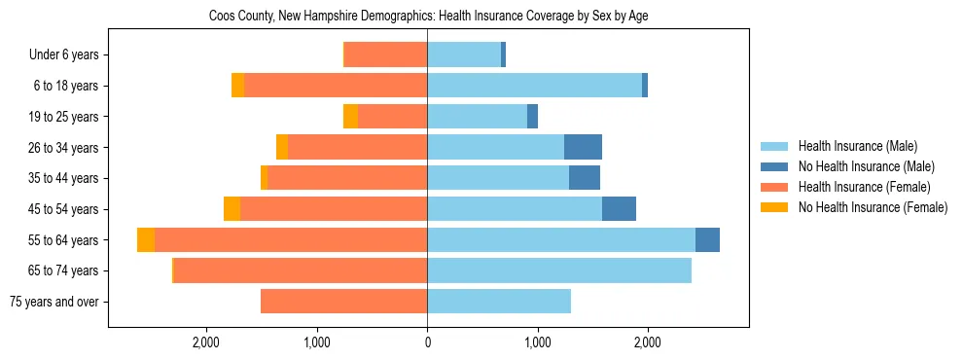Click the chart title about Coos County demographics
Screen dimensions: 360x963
(x=428, y=16)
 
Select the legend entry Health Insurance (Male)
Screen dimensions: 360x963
(x=857, y=146)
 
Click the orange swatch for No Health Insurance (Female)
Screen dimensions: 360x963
(x=774, y=207)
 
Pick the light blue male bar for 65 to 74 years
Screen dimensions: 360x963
(x=558, y=270)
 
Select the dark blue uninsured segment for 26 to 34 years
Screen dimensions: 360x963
(x=583, y=147)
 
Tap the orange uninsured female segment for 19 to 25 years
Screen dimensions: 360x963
(x=350, y=117)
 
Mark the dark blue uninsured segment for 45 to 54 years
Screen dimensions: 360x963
(x=619, y=209)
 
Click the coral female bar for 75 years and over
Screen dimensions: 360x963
(x=343, y=302)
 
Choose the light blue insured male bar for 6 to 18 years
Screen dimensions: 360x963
(x=534, y=86)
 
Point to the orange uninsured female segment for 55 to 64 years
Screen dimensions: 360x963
(x=146, y=240)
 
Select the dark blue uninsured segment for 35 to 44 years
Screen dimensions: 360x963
(x=585, y=178)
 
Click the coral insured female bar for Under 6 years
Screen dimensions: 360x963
(x=386, y=55)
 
